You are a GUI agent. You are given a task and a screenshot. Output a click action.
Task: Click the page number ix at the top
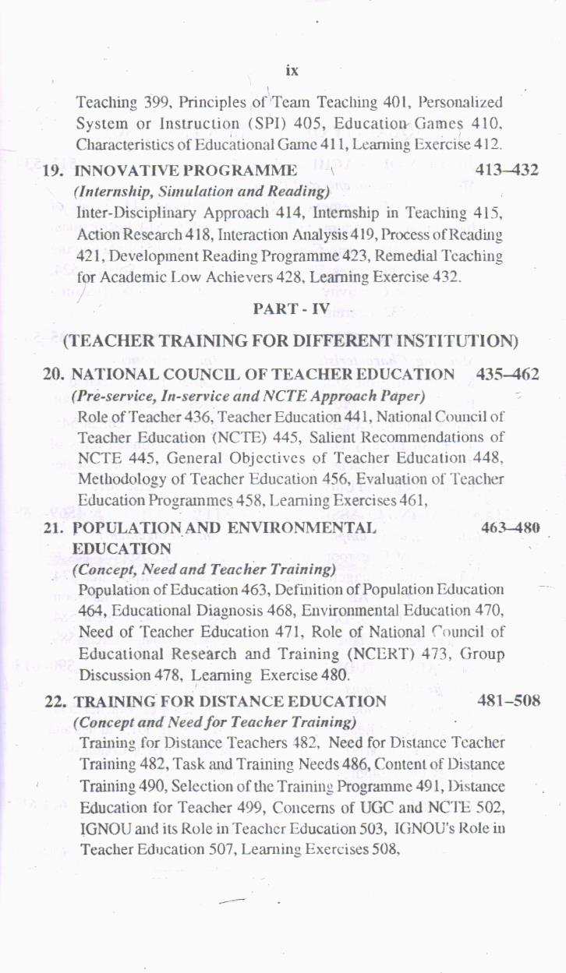tap(292, 71)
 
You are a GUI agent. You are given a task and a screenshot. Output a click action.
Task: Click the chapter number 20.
tap(54, 375)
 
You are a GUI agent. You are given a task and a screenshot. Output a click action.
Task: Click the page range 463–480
tap(511, 527)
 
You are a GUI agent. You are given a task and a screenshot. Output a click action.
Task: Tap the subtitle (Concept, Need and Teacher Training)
tap(204, 569)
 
